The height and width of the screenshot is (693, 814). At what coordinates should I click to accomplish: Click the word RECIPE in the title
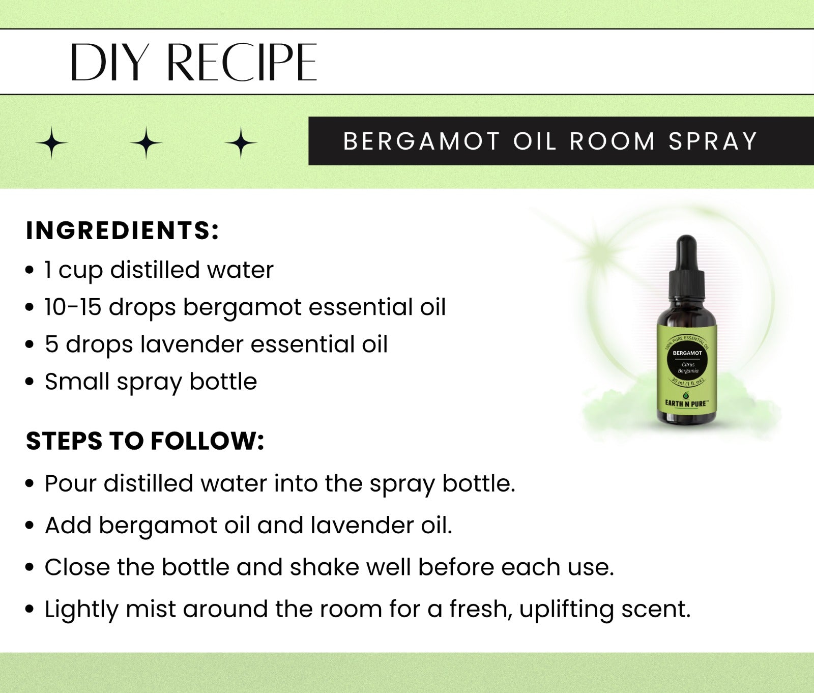[x=242, y=62]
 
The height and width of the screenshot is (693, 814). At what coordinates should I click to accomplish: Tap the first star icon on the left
[x=52, y=143]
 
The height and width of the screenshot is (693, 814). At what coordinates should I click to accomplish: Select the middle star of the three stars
[x=146, y=143]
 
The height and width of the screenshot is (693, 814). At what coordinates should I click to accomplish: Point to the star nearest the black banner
[x=241, y=143]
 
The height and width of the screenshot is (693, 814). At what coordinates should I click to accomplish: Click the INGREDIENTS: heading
[x=122, y=230]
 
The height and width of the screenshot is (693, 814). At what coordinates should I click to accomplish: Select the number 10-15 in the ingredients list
[x=73, y=307]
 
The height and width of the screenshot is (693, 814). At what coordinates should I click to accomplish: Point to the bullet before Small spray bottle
[x=30, y=382]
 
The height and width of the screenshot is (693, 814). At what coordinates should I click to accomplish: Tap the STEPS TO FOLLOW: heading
[x=145, y=441]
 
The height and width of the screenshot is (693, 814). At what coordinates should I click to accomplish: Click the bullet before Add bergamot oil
[x=30, y=525]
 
